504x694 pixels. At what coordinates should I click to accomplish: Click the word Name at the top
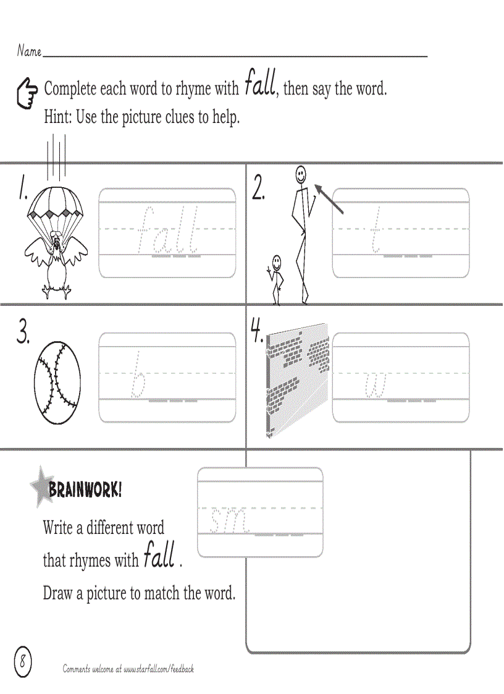coord(28,51)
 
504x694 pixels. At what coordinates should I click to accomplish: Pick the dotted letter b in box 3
coord(140,375)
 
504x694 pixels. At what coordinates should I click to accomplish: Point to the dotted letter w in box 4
coord(376,386)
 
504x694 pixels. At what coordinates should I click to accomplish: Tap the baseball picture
coord(57,378)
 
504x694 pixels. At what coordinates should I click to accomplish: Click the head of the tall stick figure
coord(300,174)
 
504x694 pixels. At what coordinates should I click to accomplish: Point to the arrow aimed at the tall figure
coord(329,198)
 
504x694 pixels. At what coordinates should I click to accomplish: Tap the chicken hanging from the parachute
coord(56,260)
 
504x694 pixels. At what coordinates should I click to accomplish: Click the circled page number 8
coord(22,661)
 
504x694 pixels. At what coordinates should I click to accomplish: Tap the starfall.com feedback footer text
coord(128,669)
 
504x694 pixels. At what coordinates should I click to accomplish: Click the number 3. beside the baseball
coord(23,334)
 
